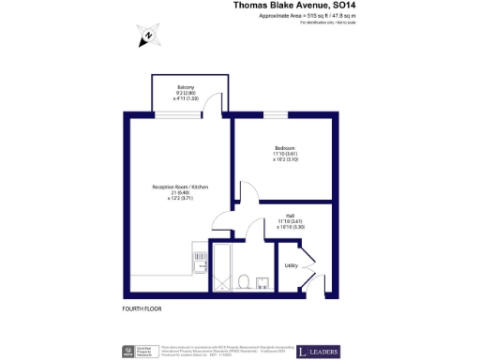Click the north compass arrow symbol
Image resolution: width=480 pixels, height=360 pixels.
pyautogui.click(x=148, y=37)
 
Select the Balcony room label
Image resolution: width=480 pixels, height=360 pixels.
pyautogui.click(x=185, y=87)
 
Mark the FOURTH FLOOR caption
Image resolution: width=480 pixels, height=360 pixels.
pyautogui.click(x=143, y=308)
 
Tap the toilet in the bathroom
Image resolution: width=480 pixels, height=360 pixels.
pyautogui.click(x=244, y=279)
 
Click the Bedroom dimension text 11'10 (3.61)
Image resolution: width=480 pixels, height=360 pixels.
pyautogui.click(x=286, y=154)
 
